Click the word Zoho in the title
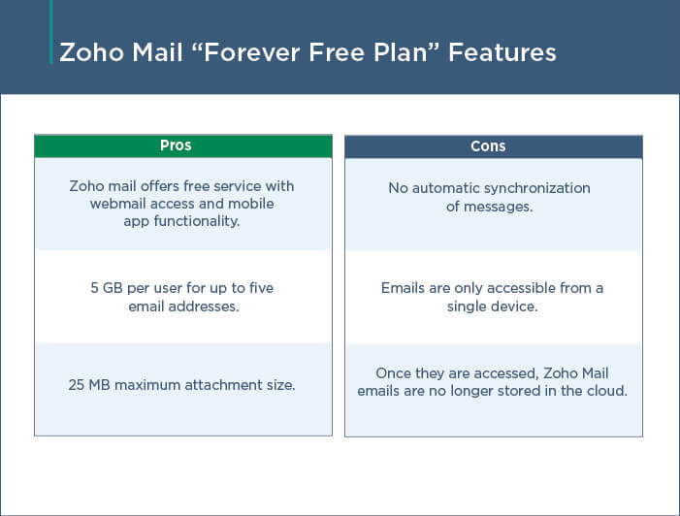coord(92,52)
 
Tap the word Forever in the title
coord(252,52)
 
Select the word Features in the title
coord(502,52)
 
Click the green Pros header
coord(183,145)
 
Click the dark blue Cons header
coord(494,146)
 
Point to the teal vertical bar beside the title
coord(51,32)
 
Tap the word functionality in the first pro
coord(197,221)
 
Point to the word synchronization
coord(536,188)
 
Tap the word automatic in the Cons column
coord(445,188)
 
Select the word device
coord(515,306)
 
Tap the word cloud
coord(607,391)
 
